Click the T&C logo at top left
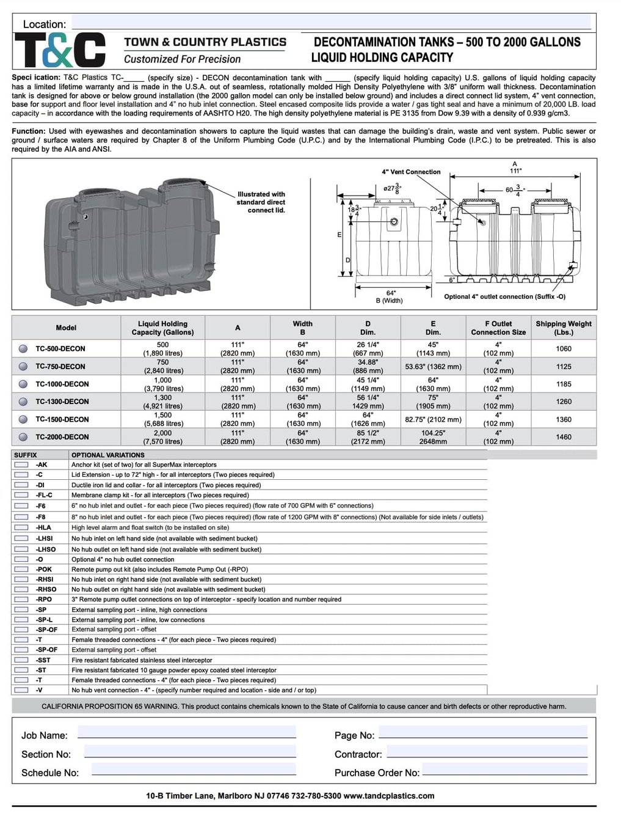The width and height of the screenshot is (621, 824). coord(60,50)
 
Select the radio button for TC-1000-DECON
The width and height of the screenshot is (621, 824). coord(23,384)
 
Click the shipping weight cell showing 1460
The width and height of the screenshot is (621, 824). coord(563,437)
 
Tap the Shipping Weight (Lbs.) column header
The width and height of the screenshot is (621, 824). coord(563,328)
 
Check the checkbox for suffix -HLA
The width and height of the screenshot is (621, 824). coord(21,528)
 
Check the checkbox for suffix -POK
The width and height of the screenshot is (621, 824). coord(21,569)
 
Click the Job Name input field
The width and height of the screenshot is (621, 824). coord(186,732)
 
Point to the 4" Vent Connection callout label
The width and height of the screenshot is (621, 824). coord(411,172)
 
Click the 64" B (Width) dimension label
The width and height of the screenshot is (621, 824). coord(390,297)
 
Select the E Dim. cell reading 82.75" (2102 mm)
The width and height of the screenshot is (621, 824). coord(433,419)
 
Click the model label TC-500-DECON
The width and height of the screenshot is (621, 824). coord(60,349)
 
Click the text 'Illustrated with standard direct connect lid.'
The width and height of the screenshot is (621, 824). coord(261,202)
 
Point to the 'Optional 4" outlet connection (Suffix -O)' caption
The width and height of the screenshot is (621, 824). coord(504,296)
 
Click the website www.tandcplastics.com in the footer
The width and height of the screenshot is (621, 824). coord(389,796)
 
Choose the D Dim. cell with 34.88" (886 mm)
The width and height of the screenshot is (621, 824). coord(368,366)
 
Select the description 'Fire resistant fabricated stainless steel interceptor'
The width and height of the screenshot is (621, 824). coord(142,660)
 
